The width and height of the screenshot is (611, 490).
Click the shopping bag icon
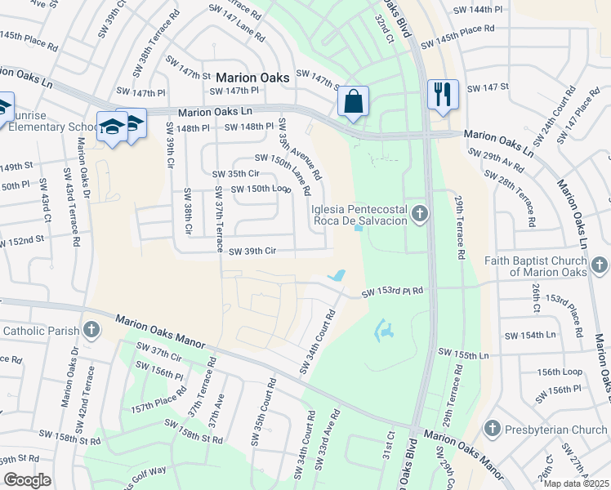[x=353, y=103]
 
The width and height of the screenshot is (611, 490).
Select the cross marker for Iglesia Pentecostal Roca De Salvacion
[x=420, y=214]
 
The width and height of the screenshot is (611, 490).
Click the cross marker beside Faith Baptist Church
[x=600, y=265]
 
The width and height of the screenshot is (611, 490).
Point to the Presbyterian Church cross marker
[x=492, y=429]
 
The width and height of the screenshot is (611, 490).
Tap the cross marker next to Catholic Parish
[x=91, y=331]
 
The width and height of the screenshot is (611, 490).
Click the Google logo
[x=27, y=480]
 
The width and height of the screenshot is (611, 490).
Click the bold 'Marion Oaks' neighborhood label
[x=252, y=78]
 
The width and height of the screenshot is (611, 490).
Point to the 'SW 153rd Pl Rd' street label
[x=394, y=291]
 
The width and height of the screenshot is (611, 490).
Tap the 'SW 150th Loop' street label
[x=261, y=189]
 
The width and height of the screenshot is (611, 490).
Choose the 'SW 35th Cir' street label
[x=235, y=174]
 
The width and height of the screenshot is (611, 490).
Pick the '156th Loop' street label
[x=560, y=372]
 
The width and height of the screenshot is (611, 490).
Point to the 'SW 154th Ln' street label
[x=530, y=336]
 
